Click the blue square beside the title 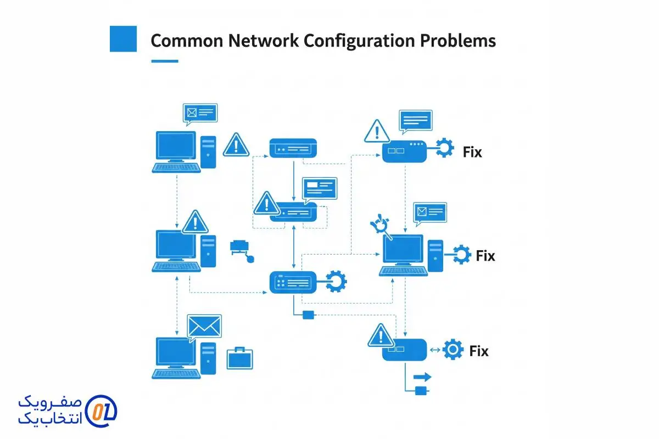[123, 38]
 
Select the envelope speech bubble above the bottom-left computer [204, 327]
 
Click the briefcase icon [240, 357]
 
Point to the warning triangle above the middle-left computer [195, 222]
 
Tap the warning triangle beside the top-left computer [236, 144]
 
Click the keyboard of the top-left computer [176, 167]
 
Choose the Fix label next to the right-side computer [485, 256]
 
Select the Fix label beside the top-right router [472, 152]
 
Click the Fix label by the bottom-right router [479, 351]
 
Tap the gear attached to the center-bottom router [336, 282]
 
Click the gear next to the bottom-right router [453, 350]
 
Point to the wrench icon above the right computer [380, 226]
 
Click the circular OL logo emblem [102, 410]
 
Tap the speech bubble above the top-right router [415, 121]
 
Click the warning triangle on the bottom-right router [380, 335]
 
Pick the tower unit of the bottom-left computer [208, 358]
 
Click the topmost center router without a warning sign [293, 148]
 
